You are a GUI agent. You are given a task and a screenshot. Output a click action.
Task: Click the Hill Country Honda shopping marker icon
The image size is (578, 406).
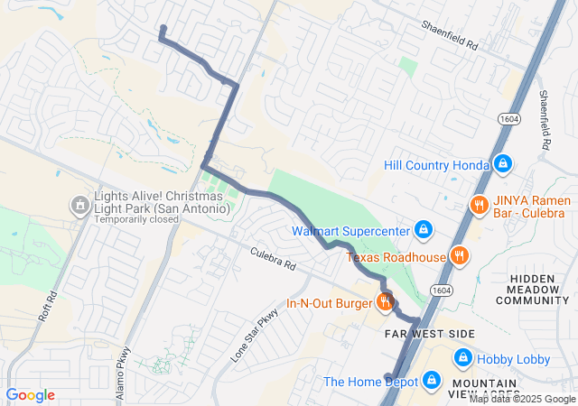pos(503,164)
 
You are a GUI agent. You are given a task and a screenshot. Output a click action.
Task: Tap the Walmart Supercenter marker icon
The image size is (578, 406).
pos(422,230)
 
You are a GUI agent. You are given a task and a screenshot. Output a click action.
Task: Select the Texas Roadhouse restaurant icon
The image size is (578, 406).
pos(459,256)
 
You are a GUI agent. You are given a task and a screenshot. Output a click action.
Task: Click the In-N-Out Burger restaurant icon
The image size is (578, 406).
pos(385,303)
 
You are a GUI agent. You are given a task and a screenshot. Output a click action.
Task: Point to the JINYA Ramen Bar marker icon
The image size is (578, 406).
pos(479,205)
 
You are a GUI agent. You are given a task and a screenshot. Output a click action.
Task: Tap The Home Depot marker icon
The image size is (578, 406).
pos(430,381)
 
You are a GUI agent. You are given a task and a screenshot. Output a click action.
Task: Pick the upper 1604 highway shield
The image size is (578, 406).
pos(505,118)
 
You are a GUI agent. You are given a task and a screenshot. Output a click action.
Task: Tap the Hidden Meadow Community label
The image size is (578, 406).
pos(539,291)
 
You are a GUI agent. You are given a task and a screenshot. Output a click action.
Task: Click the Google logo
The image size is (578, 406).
pos(30,395)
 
